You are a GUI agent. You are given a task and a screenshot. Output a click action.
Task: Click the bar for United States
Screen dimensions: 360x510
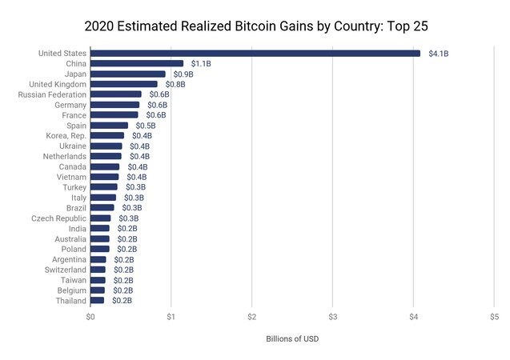click(x=255, y=54)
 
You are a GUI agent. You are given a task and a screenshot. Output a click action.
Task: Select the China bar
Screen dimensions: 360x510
click(x=137, y=63)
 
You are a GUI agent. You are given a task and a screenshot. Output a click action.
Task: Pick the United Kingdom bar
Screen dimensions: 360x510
click(x=124, y=84)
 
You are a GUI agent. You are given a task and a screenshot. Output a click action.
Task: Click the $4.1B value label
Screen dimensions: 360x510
click(x=439, y=54)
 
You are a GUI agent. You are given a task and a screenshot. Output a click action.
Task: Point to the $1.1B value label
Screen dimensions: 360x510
click(x=201, y=63)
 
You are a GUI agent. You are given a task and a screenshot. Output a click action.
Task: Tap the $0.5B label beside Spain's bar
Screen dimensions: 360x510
click(x=146, y=126)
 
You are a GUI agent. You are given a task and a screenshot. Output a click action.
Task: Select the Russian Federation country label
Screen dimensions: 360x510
click(x=52, y=94)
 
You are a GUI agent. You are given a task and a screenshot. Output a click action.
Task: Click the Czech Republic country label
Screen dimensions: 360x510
click(x=58, y=218)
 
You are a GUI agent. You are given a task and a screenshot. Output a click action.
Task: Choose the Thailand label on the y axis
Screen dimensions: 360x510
click(x=70, y=300)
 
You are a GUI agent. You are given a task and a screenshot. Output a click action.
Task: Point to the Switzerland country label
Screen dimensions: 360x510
click(x=64, y=270)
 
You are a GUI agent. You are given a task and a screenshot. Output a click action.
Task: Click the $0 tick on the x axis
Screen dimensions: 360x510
click(x=90, y=317)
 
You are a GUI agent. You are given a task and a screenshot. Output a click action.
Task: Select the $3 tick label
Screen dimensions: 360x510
click(x=333, y=317)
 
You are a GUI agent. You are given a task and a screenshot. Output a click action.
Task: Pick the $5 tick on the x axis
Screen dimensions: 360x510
click(x=494, y=317)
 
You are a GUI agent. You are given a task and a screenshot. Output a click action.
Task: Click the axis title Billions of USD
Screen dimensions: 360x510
click(x=292, y=338)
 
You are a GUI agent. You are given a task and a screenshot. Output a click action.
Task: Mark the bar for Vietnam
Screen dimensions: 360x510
click(x=105, y=177)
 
